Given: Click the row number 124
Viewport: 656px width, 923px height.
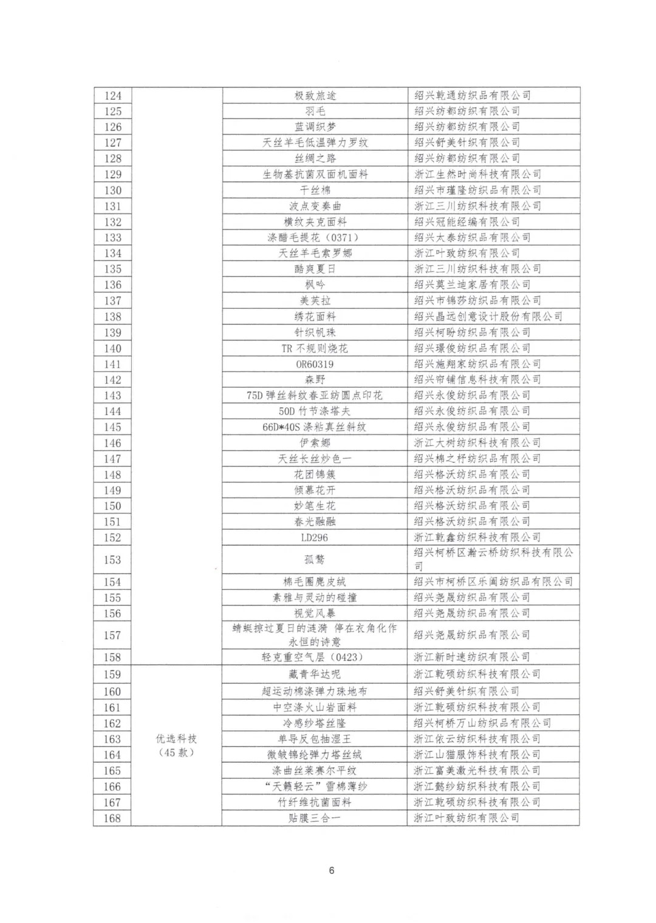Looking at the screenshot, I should (x=113, y=96).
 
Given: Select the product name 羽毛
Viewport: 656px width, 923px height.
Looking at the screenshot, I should (x=315, y=112).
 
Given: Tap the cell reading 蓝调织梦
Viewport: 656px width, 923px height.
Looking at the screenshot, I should (x=315, y=127).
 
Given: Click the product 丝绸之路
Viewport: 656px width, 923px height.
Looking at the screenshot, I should (x=315, y=159).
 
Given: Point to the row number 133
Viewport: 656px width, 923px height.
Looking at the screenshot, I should (x=113, y=238).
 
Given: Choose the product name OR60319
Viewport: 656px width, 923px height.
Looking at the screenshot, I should (x=315, y=364).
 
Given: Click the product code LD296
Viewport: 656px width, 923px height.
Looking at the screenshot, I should (x=315, y=538).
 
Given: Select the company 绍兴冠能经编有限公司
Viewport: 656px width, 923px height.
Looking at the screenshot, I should (x=466, y=222).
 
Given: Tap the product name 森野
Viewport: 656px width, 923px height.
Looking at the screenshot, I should (x=315, y=380).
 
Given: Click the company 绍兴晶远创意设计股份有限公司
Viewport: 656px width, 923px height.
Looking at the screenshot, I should (x=488, y=317).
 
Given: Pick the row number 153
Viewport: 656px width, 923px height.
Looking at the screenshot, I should (x=113, y=560).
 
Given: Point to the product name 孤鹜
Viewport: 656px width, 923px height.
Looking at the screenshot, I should (x=315, y=560).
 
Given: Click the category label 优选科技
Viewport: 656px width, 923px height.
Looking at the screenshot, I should (x=177, y=739).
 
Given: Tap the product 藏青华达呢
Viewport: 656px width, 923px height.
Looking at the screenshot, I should (x=315, y=674).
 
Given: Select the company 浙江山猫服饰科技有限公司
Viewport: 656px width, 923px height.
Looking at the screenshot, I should (x=477, y=755).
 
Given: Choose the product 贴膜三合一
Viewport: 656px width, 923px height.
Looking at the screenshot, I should (x=315, y=818).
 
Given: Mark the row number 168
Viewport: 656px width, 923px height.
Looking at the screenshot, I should (x=113, y=818).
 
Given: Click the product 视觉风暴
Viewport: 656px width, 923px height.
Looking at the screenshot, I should (x=315, y=614).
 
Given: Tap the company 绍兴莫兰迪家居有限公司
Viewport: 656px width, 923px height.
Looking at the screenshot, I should (x=472, y=285).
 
